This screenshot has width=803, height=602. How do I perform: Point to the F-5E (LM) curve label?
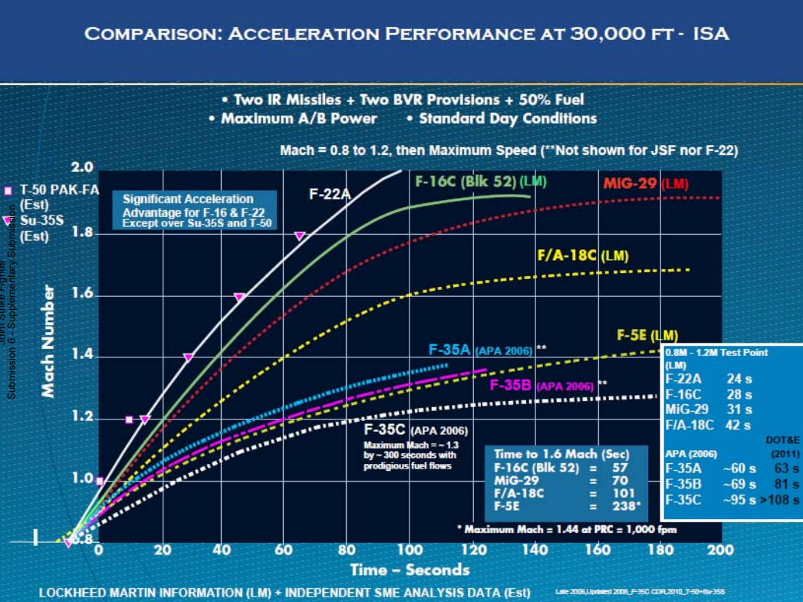point(647,336)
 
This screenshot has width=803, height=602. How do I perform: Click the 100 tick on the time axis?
point(410,550)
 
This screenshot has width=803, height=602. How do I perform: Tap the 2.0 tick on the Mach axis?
point(82,168)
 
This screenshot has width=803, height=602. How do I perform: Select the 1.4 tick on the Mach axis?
point(82,355)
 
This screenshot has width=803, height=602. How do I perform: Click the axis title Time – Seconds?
point(410,570)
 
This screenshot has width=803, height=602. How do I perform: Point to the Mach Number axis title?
point(48,342)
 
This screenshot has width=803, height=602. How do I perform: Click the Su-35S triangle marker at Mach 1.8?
point(300,236)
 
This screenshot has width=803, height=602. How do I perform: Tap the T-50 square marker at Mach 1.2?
point(129,419)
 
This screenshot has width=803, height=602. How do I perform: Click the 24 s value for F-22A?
point(739,379)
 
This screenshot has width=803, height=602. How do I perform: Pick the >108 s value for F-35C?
point(780,500)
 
